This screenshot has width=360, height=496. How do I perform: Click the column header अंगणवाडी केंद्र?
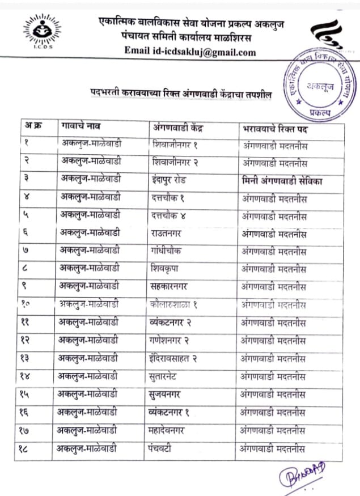coord(179,128)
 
